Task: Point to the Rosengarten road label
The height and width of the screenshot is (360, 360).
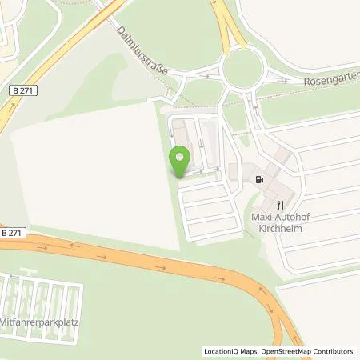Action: tap(332, 82)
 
